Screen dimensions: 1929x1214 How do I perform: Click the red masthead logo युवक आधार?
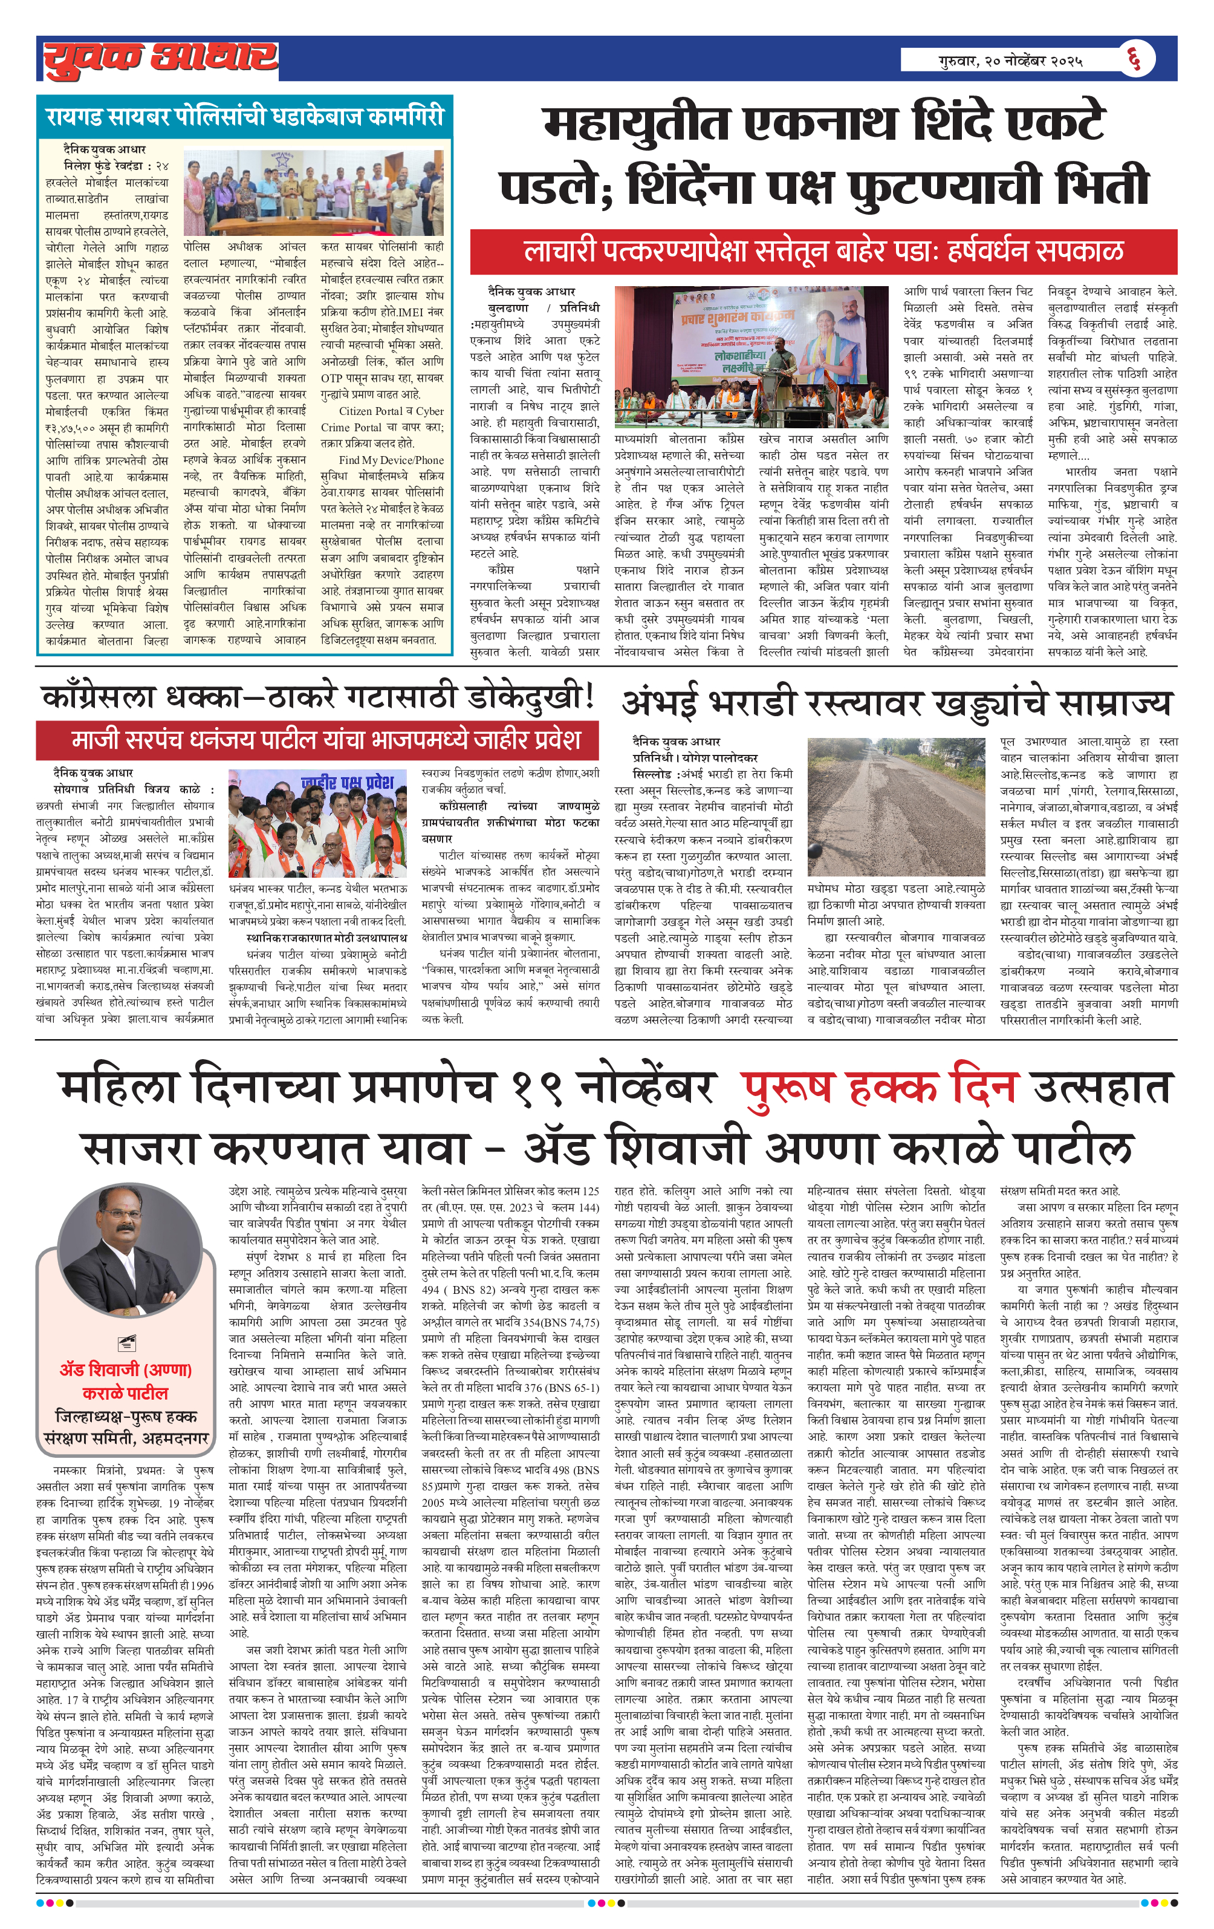coord(160,59)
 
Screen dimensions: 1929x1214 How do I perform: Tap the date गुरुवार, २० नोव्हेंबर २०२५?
coord(1011,60)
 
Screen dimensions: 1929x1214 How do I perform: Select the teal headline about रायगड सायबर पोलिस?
coord(244,117)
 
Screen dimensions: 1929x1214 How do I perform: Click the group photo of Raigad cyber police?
coord(313,192)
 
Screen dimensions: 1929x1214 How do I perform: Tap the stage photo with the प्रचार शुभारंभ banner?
coord(751,357)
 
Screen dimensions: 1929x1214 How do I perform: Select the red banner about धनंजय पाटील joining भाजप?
coord(317,739)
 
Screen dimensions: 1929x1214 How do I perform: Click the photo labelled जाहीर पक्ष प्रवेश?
coord(317,823)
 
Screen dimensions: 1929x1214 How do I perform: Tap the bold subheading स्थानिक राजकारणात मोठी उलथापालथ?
coord(326,937)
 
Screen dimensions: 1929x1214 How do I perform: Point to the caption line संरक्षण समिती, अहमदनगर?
coord(126,1438)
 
